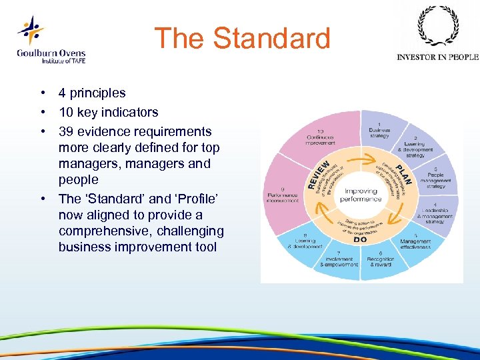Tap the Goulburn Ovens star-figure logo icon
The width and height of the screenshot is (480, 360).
coord(30,31)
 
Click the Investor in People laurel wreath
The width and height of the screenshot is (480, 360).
coord(437,27)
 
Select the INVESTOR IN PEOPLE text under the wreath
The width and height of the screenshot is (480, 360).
coord(437,57)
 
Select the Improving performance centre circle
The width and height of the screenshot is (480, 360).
coord(361,194)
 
